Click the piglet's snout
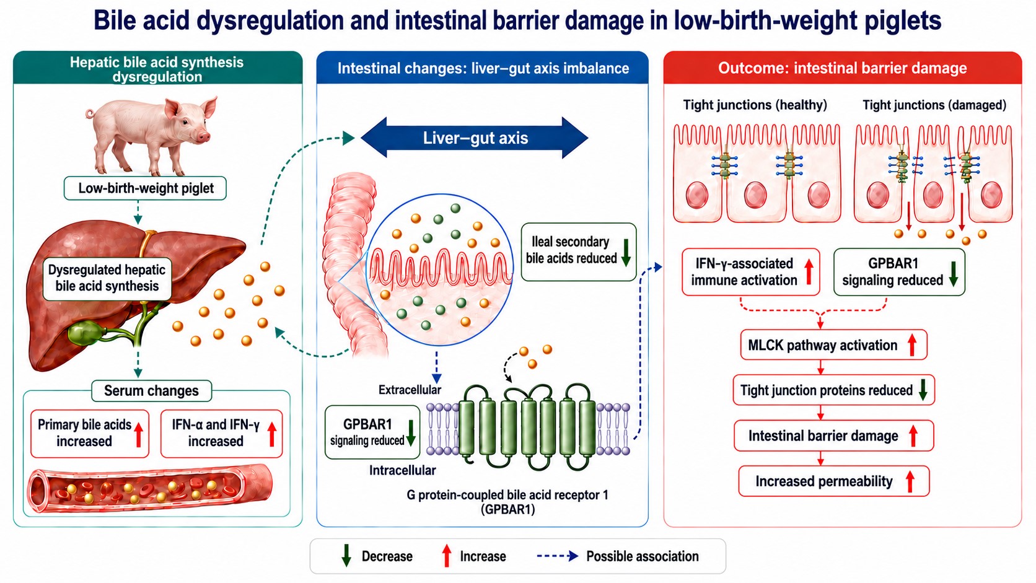click(x=203, y=136)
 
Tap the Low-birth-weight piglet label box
click(x=145, y=188)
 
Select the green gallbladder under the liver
click(x=85, y=333)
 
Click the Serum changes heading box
click(x=151, y=391)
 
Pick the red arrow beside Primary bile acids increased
click(x=138, y=434)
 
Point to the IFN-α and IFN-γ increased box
click(x=221, y=433)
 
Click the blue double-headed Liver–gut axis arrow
click(x=475, y=138)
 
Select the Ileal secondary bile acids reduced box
click(x=579, y=252)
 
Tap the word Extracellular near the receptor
click(x=410, y=390)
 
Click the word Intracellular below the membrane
click(x=402, y=470)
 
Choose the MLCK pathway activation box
click(x=833, y=345)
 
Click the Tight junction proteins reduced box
click(x=833, y=390)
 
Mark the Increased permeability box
click(x=833, y=481)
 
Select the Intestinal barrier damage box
click(x=833, y=436)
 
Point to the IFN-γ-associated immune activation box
click(x=750, y=272)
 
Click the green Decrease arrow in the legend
click(x=346, y=556)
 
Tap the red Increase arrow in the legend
click(x=446, y=556)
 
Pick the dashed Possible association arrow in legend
click(x=557, y=556)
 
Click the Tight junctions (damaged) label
click(x=934, y=105)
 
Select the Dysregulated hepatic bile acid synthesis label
click(x=107, y=278)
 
